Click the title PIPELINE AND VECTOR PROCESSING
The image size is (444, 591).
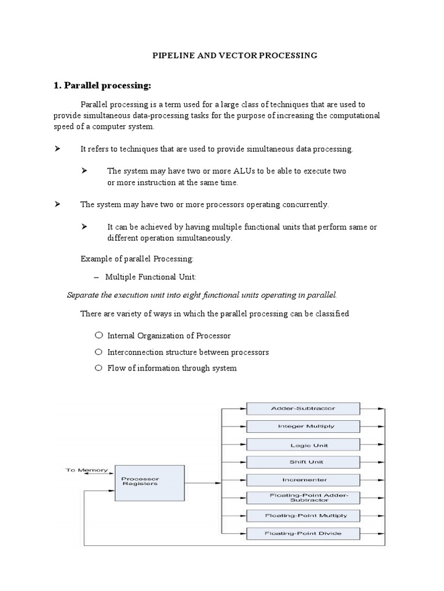point(234,55)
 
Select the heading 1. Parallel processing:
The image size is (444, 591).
point(102,85)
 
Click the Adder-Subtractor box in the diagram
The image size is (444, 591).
point(303,409)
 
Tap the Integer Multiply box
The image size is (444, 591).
point(303,427)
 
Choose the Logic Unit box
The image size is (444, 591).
point(303,445)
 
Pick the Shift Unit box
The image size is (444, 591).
point(303,462)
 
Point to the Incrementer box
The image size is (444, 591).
point(303,480)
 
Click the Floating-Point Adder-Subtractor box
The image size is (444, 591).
point(303,497)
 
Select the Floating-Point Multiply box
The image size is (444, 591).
point(303,515)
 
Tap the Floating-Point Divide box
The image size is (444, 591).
point(303,533)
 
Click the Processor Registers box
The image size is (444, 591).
point(149,481)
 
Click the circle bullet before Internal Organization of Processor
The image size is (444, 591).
point(99,335)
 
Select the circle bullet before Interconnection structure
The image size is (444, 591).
point(99,351)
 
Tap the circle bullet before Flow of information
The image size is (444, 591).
point(99,368)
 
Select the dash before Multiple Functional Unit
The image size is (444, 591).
point(97,277)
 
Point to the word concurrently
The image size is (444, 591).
point(304,204)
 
